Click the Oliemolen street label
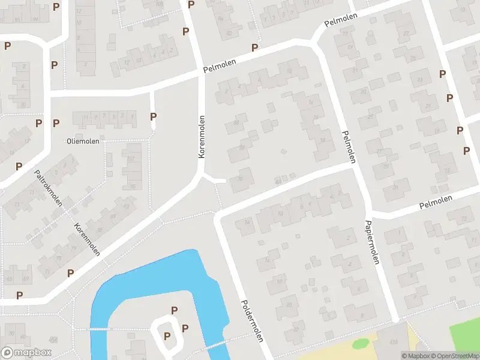83,141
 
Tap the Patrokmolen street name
49,188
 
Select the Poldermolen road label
253,321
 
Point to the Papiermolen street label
372,242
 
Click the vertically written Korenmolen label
202,137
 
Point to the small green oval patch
360,344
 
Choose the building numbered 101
131,160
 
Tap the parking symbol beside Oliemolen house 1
153,116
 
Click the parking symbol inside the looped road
167,335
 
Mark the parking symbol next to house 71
70,273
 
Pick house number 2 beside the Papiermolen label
349,238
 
